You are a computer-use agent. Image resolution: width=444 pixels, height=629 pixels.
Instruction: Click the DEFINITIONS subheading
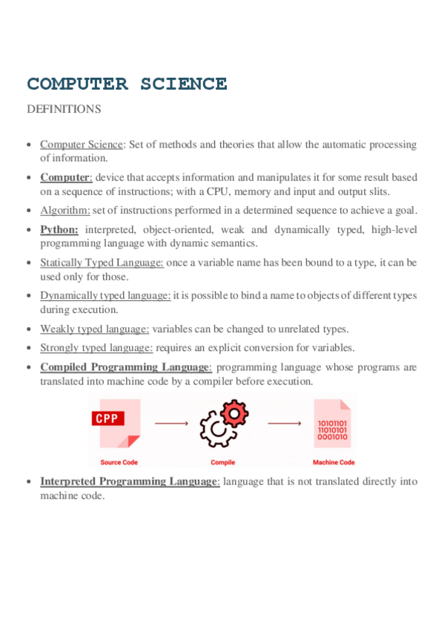[x=63, y=109]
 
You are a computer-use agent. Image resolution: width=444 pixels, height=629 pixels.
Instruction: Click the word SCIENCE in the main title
[x=184, y=84]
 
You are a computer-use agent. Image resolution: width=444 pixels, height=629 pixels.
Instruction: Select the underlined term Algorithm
[x=65, y=210]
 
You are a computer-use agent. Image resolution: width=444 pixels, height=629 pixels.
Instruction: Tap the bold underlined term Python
[x=59, y=229]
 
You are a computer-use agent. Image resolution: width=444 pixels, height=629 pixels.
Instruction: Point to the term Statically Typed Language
[x=102, y=263]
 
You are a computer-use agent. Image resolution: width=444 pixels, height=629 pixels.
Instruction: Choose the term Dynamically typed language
[x=105, y=295]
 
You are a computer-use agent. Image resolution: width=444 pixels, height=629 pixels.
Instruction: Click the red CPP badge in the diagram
[x=107, y=418]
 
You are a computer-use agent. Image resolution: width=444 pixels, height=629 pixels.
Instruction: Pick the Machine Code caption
[x=334, y=462]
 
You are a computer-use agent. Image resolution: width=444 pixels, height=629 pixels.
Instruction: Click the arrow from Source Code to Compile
[x=172, y=424]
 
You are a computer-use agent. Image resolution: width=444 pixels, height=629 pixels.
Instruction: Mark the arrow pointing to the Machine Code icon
[x=283, y=424]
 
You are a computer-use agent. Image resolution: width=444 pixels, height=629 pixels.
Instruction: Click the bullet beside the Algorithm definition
[x=28, y=211]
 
